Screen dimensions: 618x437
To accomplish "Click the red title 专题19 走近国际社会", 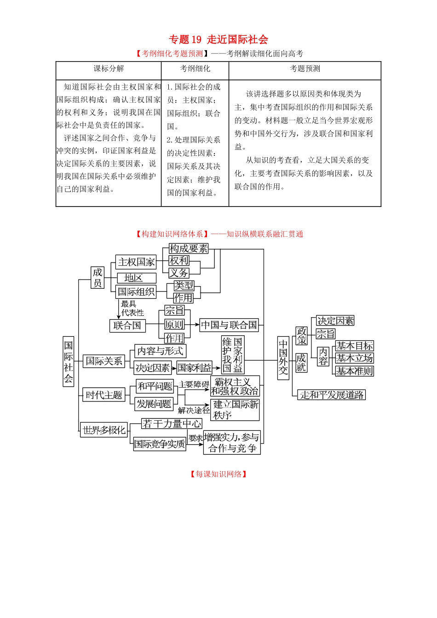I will pyautogui.click(x=218, y=40).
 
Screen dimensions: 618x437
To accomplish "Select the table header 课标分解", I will pyautogui.click(x=109, y=69).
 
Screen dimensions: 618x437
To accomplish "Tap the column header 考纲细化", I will pyautogui.click(x=195, y=69).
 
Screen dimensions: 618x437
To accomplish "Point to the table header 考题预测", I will pyautogui.click(x=305, y=69).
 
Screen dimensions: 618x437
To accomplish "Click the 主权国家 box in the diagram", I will pyautogui.click(x=136, y=262).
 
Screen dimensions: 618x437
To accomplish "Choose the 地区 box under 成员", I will pyautogui.click(x=133, y=278).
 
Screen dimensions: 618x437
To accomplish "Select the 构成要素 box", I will pyautogui.click(x=189, y=249).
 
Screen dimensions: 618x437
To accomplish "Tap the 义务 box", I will pyautogui.click(x=179, y=273).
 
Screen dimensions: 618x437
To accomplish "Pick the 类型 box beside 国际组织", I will pyautogui.click(x=184, y=286).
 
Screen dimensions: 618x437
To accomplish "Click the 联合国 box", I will pyautogui.click(x=127, y=326).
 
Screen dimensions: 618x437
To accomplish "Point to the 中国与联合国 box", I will pyautogui.click(x=229, y=325).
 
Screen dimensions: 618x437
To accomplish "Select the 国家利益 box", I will pyautogui.click(x=194, y=367).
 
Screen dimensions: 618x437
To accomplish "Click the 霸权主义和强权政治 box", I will pyautogui.click(x=235, y=386).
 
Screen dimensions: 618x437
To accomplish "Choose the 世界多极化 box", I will pyautogui.click(x=104, y=430).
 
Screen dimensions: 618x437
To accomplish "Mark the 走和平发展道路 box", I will pyautogui.click(x=332, y=395).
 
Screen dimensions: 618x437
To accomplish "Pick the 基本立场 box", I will pyautogui.click(x=354, y=358).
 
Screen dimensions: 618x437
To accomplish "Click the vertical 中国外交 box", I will pyautogui.click(x=283, y=358).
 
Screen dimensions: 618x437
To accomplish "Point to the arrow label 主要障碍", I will pyautogui.click(x=194, y=384).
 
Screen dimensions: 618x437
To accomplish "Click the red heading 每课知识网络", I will pyautogui.click(x=218, y=474).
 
